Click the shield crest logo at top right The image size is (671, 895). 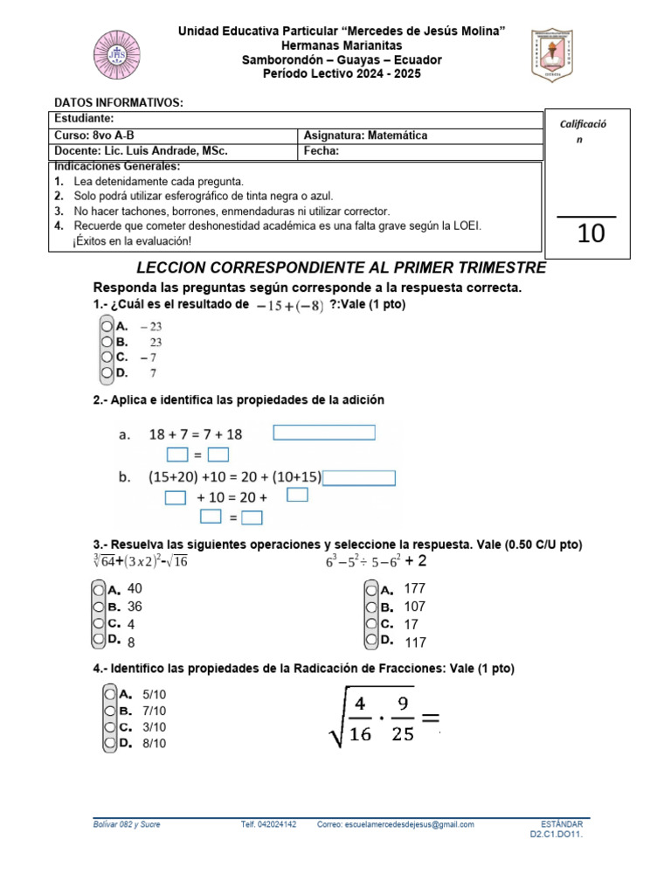tap(552, 55)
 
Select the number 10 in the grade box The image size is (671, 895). tap(591, 233)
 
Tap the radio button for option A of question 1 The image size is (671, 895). tap(107, 325)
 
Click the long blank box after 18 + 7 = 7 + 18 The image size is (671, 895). tap(324, 433)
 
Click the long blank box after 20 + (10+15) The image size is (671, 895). tap(359, 478)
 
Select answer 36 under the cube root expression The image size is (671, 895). tap(135, 606)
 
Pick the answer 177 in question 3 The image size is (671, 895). tap(415, 589)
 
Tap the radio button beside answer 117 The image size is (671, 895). tap(370, 641)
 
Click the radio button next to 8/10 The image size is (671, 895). tap(108, 743)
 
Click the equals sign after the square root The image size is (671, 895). tap(429, 718)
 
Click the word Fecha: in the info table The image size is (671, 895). tap(321, 150)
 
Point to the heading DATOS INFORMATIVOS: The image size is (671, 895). tap(119, 102)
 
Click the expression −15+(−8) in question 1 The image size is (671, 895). tap(290, 305)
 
